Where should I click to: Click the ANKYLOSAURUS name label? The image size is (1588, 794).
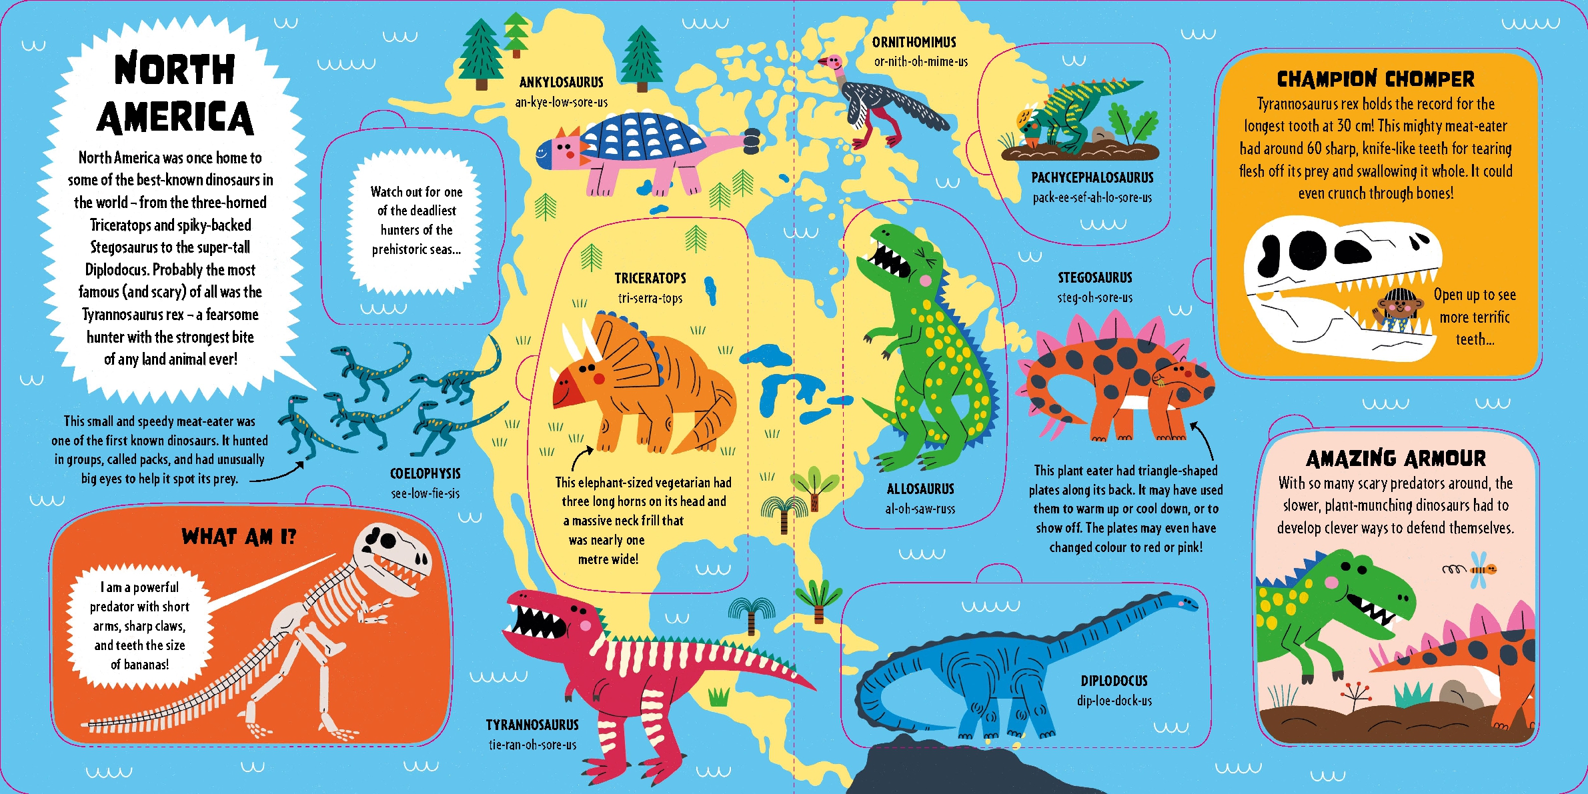coord(561,83)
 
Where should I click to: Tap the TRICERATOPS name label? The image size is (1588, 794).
coord(650,279)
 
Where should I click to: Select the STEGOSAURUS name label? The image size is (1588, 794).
coord(1094,278)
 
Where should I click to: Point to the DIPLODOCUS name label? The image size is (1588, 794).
coord(1114,681)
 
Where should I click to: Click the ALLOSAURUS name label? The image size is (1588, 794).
coord(920,489)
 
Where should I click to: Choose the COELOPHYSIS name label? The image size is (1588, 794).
coord(425,474)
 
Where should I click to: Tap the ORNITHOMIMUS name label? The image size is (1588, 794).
coord(914,43)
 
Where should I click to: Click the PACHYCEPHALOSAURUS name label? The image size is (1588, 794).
coord(1092,178)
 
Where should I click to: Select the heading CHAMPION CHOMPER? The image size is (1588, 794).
coord(1375,79)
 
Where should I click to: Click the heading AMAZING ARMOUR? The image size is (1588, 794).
coord(1395,459)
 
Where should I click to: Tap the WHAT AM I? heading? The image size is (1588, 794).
coord(238,537)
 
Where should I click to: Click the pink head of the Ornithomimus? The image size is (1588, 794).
coord(832,63)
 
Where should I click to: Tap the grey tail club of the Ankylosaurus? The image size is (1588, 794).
coord(752,139)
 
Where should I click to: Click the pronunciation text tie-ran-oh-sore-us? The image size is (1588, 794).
coord(532,745)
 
